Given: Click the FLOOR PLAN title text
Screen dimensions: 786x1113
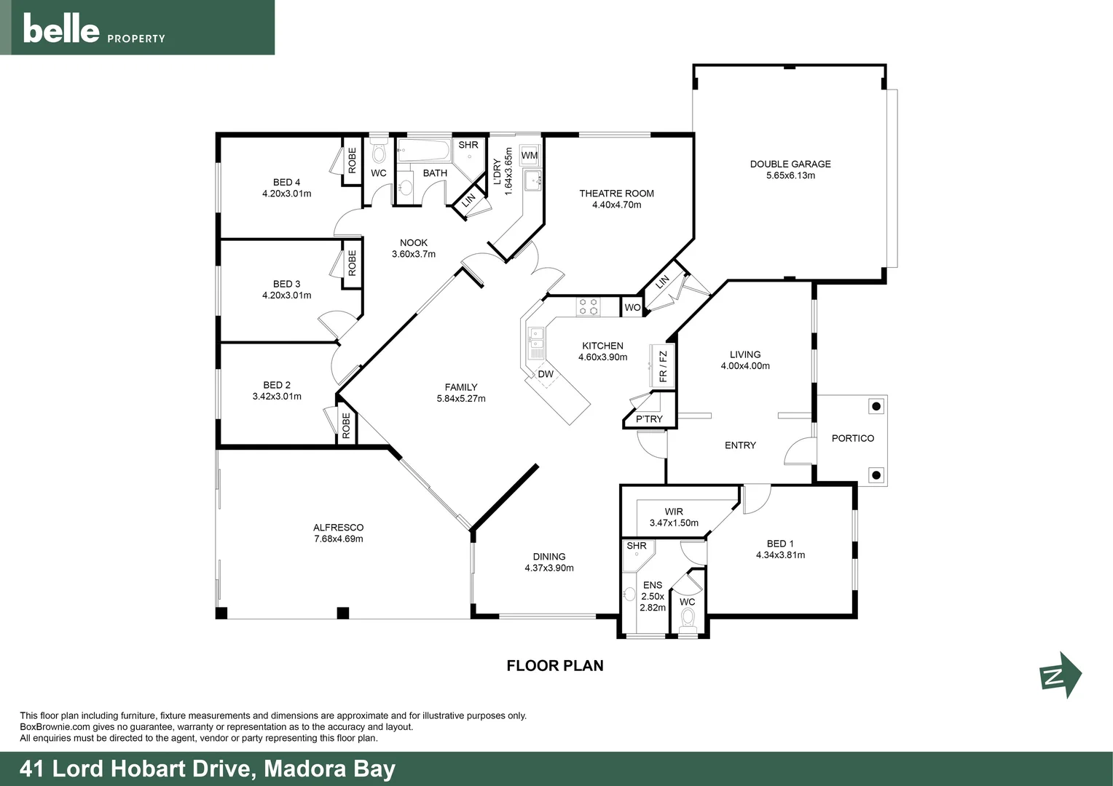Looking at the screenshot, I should click(555, 665).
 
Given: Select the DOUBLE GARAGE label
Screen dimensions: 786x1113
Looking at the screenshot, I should click(790, 164).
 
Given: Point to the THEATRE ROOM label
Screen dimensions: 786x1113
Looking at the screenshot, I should click(616, 194).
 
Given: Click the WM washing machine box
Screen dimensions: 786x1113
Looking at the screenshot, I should click(530, 156).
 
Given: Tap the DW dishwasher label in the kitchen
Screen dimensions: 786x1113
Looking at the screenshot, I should click(546, 375).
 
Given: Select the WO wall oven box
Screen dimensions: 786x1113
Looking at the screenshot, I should click(632, 308).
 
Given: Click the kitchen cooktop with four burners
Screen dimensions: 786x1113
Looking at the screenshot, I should click(588, 307).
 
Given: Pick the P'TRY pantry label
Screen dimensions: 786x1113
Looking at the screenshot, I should click(649, 419).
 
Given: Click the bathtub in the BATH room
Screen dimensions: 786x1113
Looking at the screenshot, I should click(423, 151).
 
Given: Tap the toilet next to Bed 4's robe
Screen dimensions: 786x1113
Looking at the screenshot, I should click(379, 152).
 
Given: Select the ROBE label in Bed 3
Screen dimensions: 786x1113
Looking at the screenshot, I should click(352, 263).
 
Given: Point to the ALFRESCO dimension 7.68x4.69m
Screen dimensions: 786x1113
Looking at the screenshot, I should click(338, 539).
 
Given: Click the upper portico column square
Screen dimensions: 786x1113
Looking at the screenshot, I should click(876, 406).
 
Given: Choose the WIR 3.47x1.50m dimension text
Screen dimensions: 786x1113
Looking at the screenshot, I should click(674, 523).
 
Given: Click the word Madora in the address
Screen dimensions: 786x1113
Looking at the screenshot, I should click(304, 769).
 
